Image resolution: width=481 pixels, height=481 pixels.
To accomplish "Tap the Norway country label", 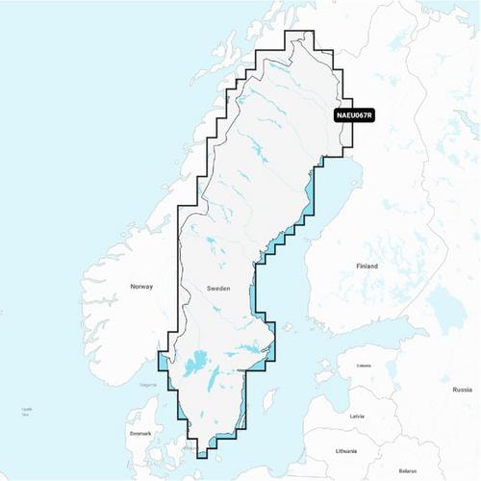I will (141, 288).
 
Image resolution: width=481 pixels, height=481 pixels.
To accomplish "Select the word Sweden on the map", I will (218, 288).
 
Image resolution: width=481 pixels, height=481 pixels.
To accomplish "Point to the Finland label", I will (367, 266).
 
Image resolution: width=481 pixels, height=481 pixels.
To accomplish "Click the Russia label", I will (462, 390).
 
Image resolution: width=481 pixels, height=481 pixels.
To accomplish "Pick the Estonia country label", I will (364, 366).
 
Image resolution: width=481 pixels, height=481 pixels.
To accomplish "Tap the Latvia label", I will (357, 416).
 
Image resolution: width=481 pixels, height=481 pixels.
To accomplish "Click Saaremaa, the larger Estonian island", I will (323, 379).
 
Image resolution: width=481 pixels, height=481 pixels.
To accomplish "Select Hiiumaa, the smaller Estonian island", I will (325, 363).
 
